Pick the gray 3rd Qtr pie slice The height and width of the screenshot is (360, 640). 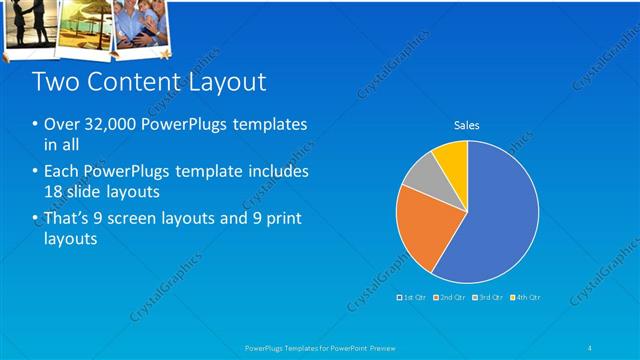[424, 178]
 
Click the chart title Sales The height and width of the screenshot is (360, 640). [467, 125]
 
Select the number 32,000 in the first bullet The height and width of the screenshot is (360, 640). [109, 125]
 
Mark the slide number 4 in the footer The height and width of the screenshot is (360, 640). [590, 347]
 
